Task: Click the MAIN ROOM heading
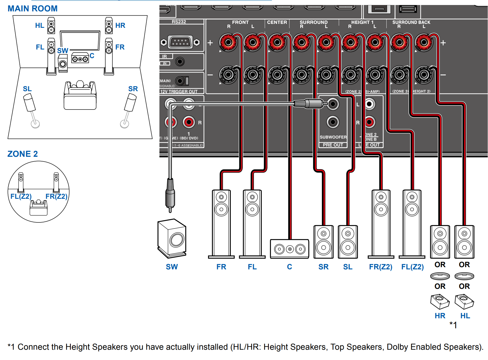point(32,9)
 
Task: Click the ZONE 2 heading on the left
point(22,154)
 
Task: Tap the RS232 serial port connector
point(180,42)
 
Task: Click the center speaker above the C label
point(289,249)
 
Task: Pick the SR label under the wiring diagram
point(323,267)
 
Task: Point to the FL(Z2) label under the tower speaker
point(412,267)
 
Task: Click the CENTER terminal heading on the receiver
point(277,22)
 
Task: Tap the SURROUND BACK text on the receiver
point(411,22)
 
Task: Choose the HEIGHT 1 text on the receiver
point(362,22)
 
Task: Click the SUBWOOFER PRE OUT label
point(333,141)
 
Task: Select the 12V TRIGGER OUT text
point(179,91)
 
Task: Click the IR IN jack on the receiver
point(180,61)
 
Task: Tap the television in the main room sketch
point(80,41)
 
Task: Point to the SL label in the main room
point(27,89)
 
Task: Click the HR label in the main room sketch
point(120,25)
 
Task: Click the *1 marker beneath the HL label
point(453,325)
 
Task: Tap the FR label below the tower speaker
point(221,267)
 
